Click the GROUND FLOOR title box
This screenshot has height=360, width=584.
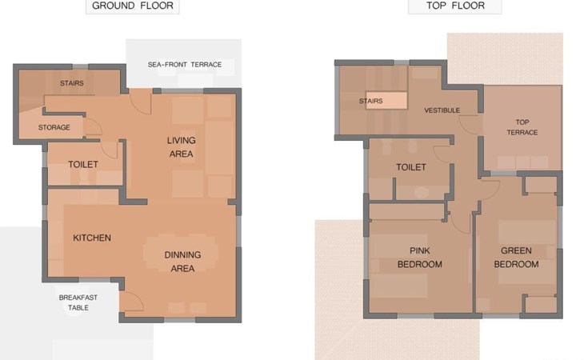(x=133, y=6)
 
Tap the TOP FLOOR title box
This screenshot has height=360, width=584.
(x=454, y=6)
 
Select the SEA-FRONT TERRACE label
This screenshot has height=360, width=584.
(x=185, y=65)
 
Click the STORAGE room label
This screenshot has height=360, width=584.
(x=54, y=127)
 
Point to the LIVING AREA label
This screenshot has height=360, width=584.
(x=181, y=147)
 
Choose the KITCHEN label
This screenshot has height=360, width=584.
(x=92, y=238)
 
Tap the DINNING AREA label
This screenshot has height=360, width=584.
(x=182, y=262)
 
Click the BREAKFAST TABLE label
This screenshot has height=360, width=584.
(x=78, y=302)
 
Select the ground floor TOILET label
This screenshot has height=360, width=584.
(x=83, y=165)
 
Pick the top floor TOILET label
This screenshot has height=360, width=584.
(x=411, y=167)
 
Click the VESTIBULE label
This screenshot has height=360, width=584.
(x=442, y=110)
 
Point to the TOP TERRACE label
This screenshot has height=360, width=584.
(x=522, y=127)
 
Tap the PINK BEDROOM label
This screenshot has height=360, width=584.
(x=420, y=258)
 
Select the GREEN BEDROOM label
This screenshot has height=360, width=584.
(x=516, y=258)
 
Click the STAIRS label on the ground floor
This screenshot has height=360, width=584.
(x=72, y=83)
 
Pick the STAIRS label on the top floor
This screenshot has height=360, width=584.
(x=371, y=101)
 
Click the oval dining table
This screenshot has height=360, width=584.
(x=181, y=254)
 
